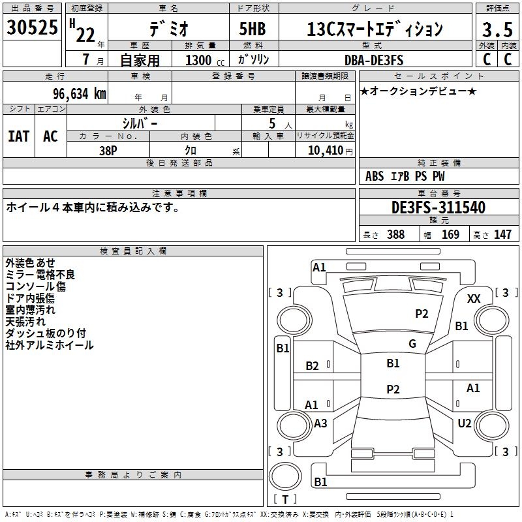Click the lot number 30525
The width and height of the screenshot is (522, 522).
(x=32, y=27)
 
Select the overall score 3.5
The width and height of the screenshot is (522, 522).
(x=497, y=30)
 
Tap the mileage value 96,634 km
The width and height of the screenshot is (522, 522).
(x=80, y=94)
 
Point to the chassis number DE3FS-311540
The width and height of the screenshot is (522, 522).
(x=438, y=207)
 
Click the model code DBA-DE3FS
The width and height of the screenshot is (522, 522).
(x=374, y=60)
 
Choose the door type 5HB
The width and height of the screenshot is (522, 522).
(x=253, y=29)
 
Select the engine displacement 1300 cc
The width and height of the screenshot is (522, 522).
(x=205, y=60)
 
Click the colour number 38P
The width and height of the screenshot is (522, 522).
(x=108, y=151)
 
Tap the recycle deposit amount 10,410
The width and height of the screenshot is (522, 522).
(x=326, y=151)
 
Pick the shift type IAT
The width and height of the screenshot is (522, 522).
(x=19, y=136)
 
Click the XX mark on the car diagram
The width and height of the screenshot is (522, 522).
(x=474, y=299)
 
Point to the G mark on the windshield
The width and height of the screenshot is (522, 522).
(x=412, y=344)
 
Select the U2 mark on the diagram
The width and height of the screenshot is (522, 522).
(x=465, y=423)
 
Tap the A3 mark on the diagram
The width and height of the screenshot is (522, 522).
(x=320, y=423)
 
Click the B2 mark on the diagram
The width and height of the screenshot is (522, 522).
(x=313, y=366)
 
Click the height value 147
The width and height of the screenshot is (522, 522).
(x=502, y=234)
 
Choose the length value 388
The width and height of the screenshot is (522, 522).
(x=396, y=234)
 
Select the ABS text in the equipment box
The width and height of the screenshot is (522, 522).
(x=375, y=176)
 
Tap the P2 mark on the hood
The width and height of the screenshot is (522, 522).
(x=422, y=314)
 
